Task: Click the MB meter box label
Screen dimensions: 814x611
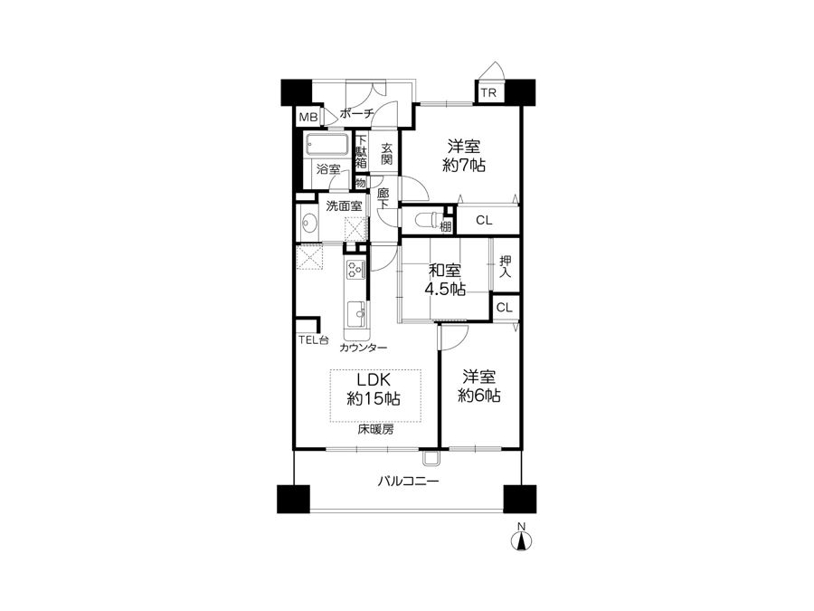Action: tap(308, 118)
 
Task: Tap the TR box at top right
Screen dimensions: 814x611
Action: tap(488, 93)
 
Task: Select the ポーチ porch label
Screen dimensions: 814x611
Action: tap(356, 113)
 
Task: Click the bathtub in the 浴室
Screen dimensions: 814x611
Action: tap(327, 145)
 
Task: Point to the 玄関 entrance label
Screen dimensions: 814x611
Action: tap(386, 154)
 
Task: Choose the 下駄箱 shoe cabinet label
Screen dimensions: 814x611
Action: tap(361, 152)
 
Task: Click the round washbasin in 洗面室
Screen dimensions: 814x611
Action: tap(310, 224)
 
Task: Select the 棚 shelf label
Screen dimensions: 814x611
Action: tap(445, 226)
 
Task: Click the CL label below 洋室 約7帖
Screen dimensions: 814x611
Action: tap(484, 220)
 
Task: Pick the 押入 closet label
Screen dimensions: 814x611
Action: tap(505, 266)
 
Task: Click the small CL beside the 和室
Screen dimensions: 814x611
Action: tap(504, 308)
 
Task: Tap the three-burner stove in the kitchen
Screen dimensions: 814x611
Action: tap(356, 269)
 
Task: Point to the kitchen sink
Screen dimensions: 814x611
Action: tap(356, 313)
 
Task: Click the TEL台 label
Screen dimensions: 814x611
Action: tap(314, 341)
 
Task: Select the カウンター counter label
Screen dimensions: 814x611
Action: tap(363, 348)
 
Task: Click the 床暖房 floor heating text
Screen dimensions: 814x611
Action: tap(375, 430)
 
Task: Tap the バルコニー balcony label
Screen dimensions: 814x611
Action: tap(408, 482)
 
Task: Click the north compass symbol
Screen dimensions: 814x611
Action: tap(522, 539)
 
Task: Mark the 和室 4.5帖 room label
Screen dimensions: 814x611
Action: tap(445, 280)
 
